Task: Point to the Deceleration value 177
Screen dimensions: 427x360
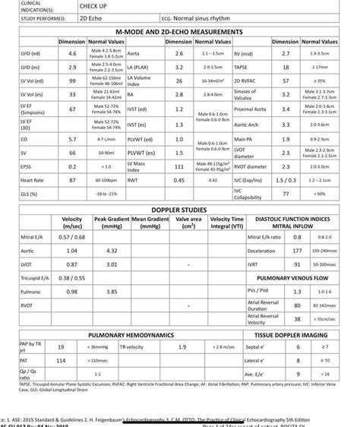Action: point(297,250)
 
